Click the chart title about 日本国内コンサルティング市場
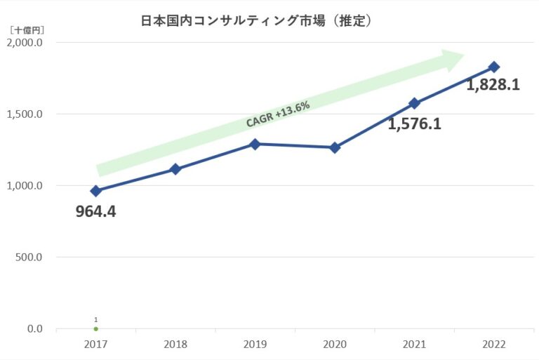(256, 21)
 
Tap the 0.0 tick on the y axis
(34, 329)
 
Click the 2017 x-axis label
(95, 345)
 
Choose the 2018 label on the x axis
(175, 345)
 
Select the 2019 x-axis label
(255, 345)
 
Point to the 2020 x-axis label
(335, 345)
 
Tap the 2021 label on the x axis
(414, 345)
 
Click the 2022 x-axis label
(494, 345)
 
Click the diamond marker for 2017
(96, 191)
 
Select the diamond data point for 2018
(175, 169)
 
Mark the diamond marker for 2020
(335, 147)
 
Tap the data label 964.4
(95, 211)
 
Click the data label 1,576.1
(415, 124)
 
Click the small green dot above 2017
(95, 328)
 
